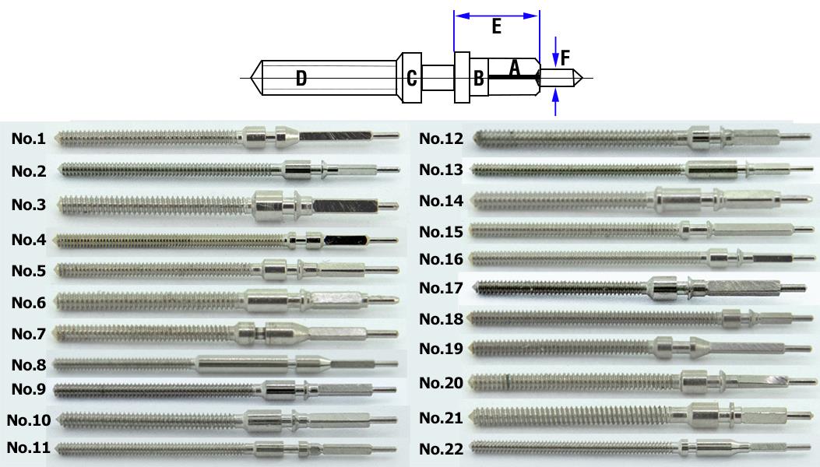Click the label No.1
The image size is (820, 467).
(28, 139)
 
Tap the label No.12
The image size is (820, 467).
(441, 139)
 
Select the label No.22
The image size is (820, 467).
(441, 449)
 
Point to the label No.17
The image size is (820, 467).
(441, 288)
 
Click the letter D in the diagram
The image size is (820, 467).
(301, 78)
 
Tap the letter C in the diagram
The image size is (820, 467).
(412, 78)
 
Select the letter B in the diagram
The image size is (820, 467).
(479, 78)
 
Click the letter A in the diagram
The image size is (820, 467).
(514, 68)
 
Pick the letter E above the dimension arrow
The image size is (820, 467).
(496, 27)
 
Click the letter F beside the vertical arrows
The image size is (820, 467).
(565, 57)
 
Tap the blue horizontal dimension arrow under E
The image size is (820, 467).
(496, 14)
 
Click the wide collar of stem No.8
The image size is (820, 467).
(241, 363)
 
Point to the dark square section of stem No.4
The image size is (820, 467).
(346, 241)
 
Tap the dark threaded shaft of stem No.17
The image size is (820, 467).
(561, 289)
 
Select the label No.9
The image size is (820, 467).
(28, 388)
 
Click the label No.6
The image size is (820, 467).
(28, 303)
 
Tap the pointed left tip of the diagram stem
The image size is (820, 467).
(253, 78)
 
